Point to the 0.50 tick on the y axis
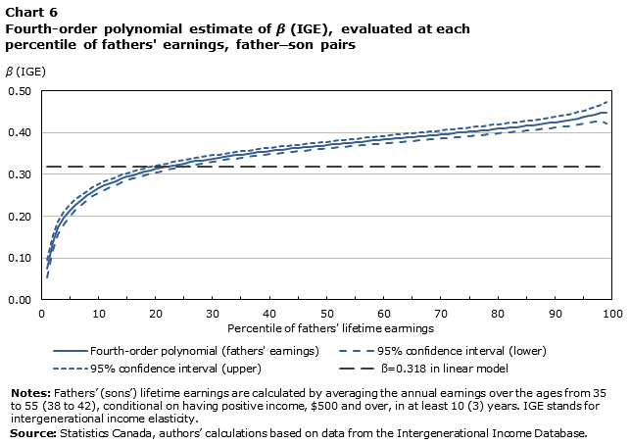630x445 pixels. point(21,91)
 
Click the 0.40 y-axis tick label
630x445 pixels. point(21,133)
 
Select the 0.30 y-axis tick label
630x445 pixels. point(21,174)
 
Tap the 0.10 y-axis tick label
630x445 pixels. point(21,259)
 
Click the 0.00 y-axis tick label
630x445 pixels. point(21,300)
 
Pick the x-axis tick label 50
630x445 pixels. point(327,313)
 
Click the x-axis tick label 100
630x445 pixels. point(611,313)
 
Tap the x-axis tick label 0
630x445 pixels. point(41,313)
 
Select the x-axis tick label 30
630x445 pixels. point(213,313)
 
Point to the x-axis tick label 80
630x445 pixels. point(499,313)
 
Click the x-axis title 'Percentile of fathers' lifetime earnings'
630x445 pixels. point(327,326)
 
